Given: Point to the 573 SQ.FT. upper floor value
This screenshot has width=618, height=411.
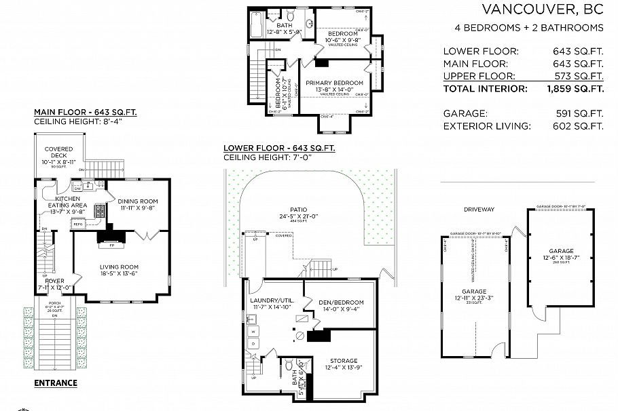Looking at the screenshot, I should coord(578,76).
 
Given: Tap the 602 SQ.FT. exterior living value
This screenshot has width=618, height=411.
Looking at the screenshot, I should coord(578,125).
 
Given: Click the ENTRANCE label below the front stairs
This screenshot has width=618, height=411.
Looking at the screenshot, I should coord(56,383).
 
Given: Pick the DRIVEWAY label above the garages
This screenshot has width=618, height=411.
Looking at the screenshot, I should coord(479,210).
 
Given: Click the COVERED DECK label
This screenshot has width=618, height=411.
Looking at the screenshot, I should coord(58,153).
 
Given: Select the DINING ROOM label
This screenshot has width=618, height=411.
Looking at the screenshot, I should coord(138,201).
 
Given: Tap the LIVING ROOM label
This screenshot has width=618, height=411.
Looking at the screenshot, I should coord(119,267).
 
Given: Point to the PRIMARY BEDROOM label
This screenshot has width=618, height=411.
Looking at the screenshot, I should coord(331,83).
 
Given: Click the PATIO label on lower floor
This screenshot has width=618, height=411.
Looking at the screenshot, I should coord(307,210).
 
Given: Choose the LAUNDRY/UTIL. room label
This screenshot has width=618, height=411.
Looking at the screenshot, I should coord(270,302).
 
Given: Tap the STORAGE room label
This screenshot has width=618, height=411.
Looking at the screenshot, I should coord(344,361).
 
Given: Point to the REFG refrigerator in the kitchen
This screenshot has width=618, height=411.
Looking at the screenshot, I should coord(78,223).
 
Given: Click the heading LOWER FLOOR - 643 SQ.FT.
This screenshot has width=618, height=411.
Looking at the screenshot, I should coord(278,148).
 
